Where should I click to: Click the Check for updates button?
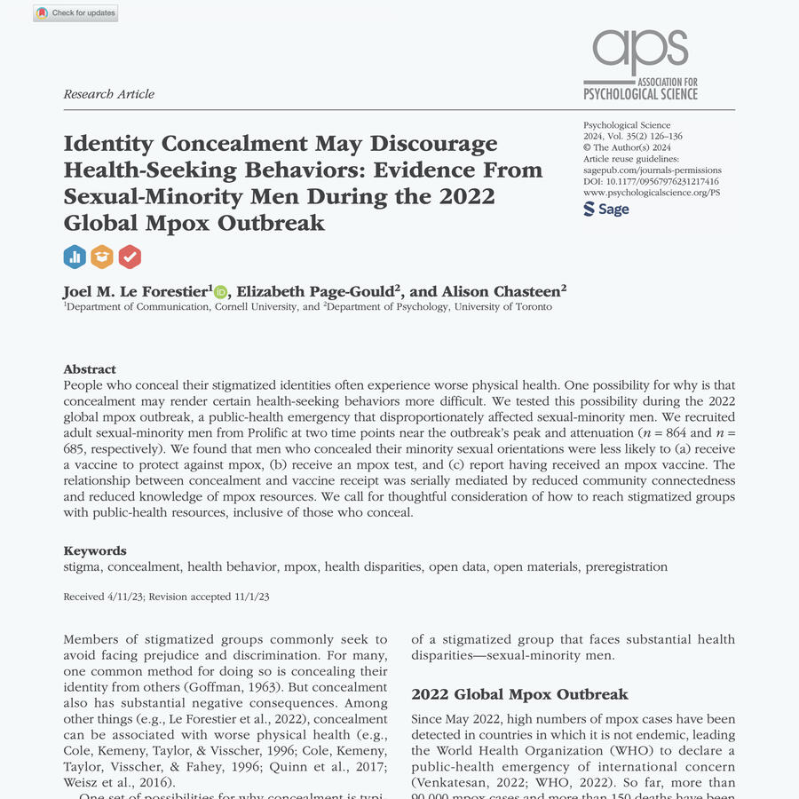pos(75,13)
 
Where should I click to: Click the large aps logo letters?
pos(640,51)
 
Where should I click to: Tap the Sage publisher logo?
pos(606,210)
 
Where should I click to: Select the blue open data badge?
pos(75,257)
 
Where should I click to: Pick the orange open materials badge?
pos(102,257)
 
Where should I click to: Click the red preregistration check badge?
pos(130,257)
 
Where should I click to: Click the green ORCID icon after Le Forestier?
pos(220,292)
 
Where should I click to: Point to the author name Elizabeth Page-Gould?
pos(315,292)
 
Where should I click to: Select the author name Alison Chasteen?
pos(502,292)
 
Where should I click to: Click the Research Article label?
pos(109,94)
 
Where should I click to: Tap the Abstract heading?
pos(90,369)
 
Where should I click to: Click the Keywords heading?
pos(95,550)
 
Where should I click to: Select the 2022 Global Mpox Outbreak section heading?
pos(519,694)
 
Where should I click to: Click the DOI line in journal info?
pos(651,181)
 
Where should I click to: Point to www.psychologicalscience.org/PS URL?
pos(652,192)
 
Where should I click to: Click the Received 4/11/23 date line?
pos(167,597)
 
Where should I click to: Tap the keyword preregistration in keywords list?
pos(626,566)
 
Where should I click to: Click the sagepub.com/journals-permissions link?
pos(653,170)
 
